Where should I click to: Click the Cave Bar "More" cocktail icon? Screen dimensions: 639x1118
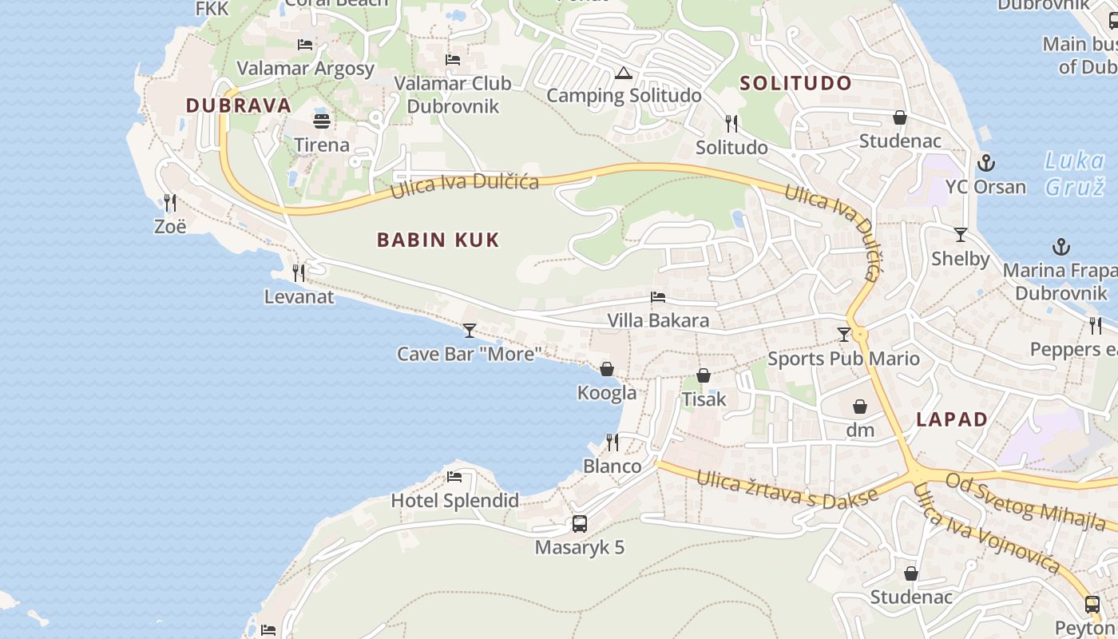coord(470,330)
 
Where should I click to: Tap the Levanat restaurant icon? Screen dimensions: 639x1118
coord(299,273)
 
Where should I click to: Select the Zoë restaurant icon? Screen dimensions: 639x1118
coord(169,203)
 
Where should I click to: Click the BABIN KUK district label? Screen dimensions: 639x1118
coord(438,240)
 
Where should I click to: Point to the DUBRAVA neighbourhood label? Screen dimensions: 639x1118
coord(239,105)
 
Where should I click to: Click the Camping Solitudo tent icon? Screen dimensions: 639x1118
coord(623,73)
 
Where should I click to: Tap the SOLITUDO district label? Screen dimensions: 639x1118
coord(795,83)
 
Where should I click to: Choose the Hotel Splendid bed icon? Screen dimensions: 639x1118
coord(454,477)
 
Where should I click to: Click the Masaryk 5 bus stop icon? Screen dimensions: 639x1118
coord(580,524)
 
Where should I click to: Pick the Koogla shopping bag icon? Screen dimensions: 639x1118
coord(607,369)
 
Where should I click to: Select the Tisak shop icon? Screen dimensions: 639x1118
coord(704,375)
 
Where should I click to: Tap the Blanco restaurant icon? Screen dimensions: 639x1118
coord(613,442)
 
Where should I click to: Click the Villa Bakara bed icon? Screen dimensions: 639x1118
coord(658,297)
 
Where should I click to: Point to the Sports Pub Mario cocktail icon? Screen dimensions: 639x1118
coord(844,335)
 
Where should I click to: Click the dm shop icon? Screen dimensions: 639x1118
coord(860,407)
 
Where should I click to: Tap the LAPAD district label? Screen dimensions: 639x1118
coord(952,419)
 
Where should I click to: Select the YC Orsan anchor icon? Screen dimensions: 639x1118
coord(987,163)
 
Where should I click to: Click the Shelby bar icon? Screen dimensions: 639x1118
coord(961,235)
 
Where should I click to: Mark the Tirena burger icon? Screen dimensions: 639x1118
coord(322,121)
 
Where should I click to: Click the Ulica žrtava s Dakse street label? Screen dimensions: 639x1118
coord(787,486)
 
